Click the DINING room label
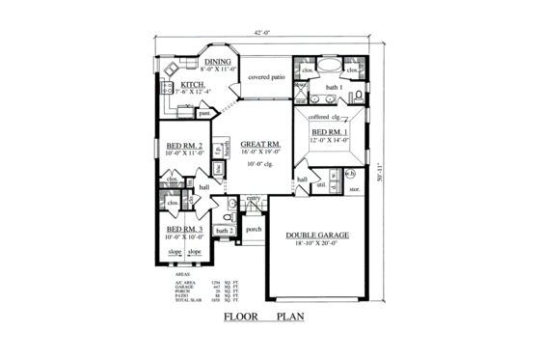pyautogui.click(x=218, y=63)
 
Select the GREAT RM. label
pyautogui.click(x=259, y=145)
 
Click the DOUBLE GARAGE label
pyautogui.click(x=317, y=235)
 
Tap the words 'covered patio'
pyautogui.click(x=267, y=75)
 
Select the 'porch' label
pyautogui.click(x=254, y=230)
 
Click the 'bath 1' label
pyautogui.click(x=334, y=89)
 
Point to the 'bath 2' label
pyautogui.click(x=224, y=231)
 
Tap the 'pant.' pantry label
pyautogui.click(x=204, y=112)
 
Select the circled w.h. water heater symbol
pyautogui.click(x=350, y=174)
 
